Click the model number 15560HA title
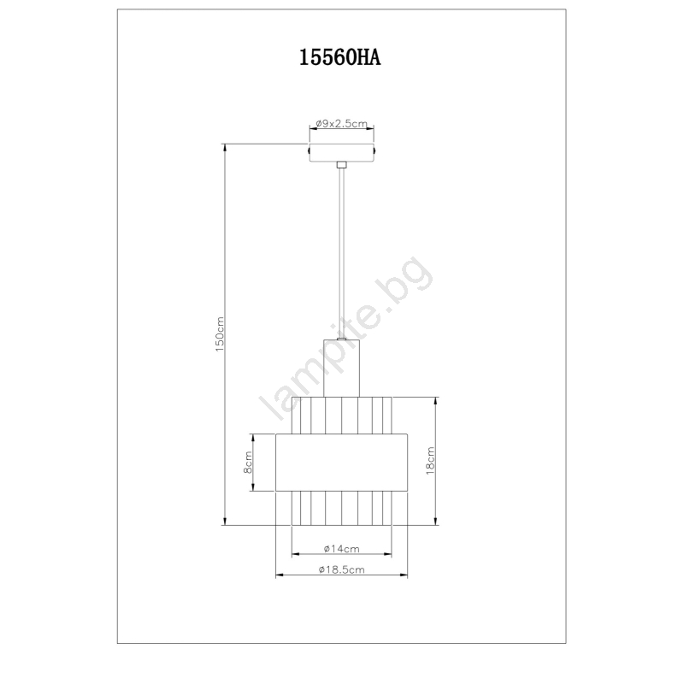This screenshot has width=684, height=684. [339, 57]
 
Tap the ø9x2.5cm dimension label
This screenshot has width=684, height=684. [341, 123]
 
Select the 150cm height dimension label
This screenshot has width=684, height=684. [220, 334]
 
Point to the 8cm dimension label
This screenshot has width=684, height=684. [247, 463]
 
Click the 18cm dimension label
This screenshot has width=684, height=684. [430, 460]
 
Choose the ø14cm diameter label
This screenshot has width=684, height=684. [341, 549]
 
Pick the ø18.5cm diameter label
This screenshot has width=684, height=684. [341, 569]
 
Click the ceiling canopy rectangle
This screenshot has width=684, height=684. [341, 152]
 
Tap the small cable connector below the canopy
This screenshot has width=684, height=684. [341, 165]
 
